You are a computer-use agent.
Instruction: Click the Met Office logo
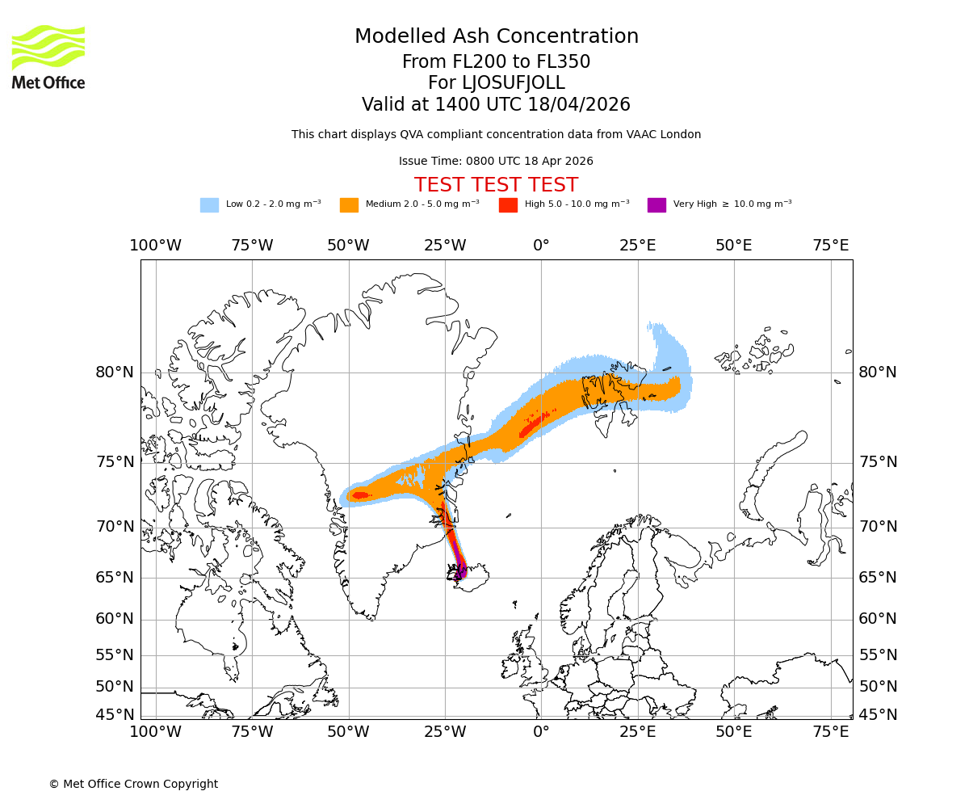[x=48, y=57]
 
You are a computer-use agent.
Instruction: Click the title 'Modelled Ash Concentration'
[x=497, y=37]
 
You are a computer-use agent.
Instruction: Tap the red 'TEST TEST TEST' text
[x=496, y=186]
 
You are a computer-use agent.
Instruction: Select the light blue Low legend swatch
[x=209, y=205]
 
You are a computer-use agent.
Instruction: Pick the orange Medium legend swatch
[x=349, y=205]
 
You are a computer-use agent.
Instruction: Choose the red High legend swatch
[x=508, y=205]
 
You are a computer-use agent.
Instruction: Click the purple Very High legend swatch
[x=656, y=205]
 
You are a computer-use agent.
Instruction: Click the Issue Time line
[x=496, y=162]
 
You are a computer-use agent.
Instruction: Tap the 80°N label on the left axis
[x=115, y=372]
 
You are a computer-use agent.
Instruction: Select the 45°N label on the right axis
[x=878, y=715]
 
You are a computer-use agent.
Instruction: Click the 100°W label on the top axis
[x=156, y=246]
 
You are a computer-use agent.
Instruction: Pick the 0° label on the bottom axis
[x=541, y=732]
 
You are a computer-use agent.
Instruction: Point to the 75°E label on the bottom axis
[x=831, y=732]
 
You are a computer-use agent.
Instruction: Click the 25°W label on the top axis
[x=445, y=246]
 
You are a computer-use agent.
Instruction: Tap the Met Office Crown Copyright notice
[x=133, y=785]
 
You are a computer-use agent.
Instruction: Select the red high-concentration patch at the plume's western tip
[x=360, y=495]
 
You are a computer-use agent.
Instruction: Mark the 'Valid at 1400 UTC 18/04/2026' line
[x=496, y=105]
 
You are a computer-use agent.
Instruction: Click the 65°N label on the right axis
[x=878, y=578]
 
